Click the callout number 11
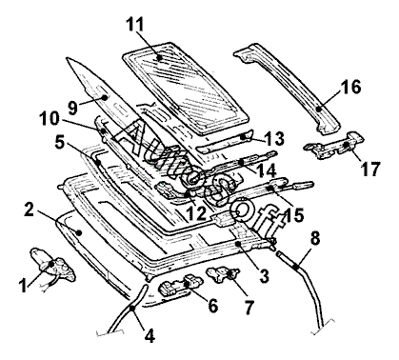click(x=135, y=24)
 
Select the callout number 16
click(x=351, y=87)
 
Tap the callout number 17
click(x=370, y=169)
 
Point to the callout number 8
click(x=315, y=238)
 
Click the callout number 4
click(x=150, y=335)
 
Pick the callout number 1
click(x=23, y=285)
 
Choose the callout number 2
click(x=29, y=210)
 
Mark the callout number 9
click(x=72, y=108)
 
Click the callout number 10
click(x=50, y=119)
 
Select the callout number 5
click(x=60, y=143)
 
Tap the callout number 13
click(x=274, y=138)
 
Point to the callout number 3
click(x=264, y=275)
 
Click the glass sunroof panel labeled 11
click(x=186, y=88)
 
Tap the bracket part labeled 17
click(x=334, y=145)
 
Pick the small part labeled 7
click(x=223, y=274)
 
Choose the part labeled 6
click(x=180, y=285)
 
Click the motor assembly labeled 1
click(x=52, y=265)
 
